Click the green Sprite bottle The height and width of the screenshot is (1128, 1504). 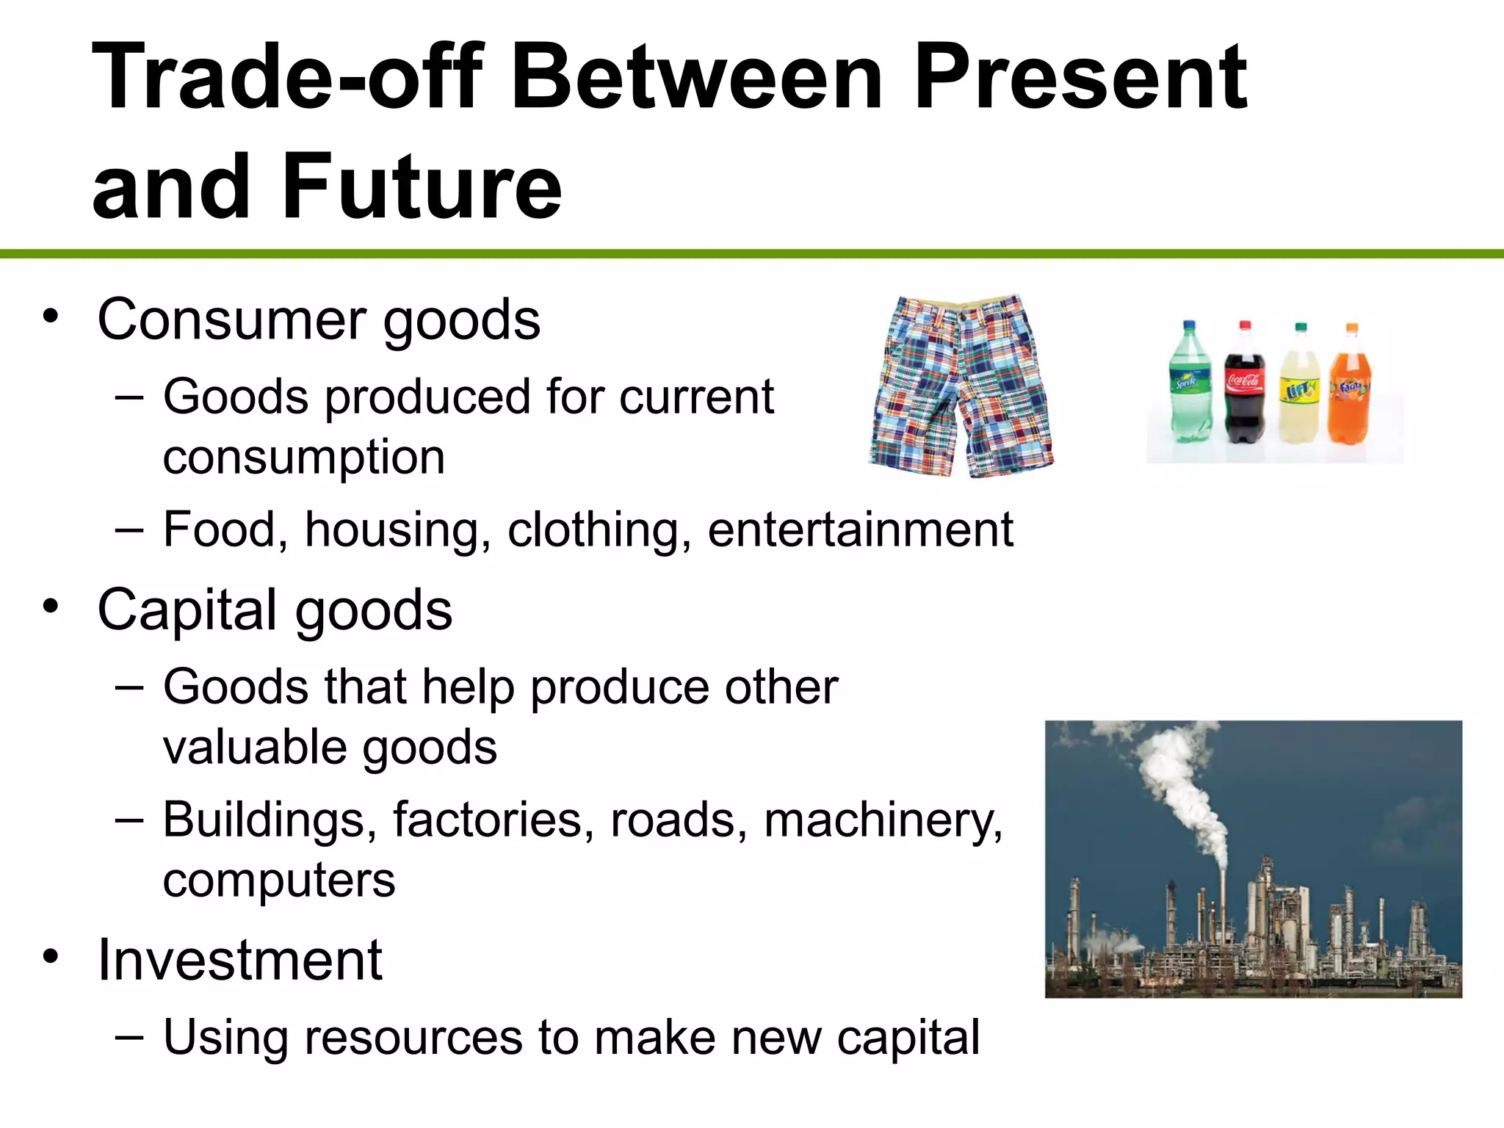[x=1189, y=386]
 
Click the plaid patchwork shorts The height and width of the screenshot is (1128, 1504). [x=961, y=386]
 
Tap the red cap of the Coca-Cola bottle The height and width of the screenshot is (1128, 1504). [x=1245, y=325]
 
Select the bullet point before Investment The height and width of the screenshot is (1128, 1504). [x=50, y=956]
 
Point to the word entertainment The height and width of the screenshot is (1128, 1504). [x=860, y=529]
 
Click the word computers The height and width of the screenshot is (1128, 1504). [x=279, y=880]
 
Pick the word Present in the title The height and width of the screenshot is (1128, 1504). [x=1080, y=76]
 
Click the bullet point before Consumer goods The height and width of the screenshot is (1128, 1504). [x=50, y=317]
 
